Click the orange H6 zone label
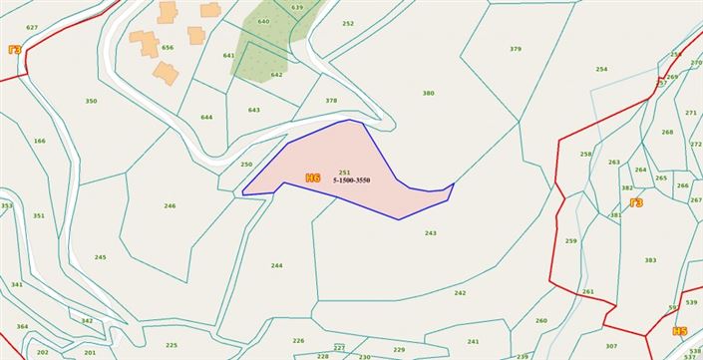(313, 179)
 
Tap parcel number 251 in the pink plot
(344, 173)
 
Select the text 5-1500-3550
(351, 180)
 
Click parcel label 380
(428, 93)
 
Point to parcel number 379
(515, 49)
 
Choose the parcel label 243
(430, 233)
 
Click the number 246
(170, 206)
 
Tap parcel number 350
(91, 101)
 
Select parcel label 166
(39, 141)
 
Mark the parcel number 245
(100, 257)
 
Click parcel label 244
(276, 265)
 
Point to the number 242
(460, 292)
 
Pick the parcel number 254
(601, 69)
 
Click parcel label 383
(650, 260)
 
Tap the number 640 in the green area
(263, 21)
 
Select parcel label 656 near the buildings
(168, 47)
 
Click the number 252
(347, 23)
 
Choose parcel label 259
(570, 240)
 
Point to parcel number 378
(331, 100)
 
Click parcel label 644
(206, 117)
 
